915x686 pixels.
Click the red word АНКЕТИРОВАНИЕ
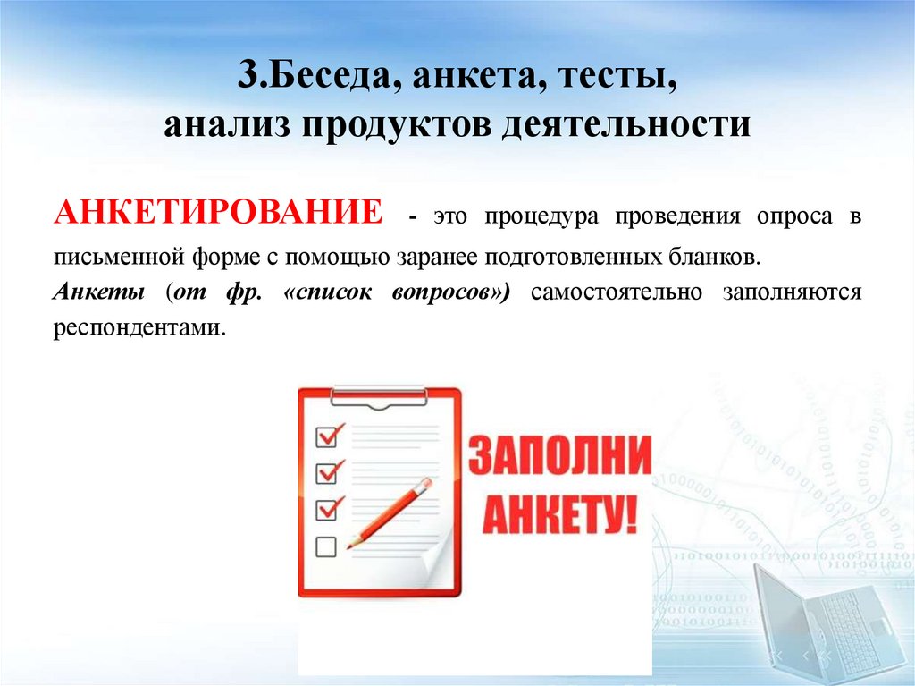(220, 216)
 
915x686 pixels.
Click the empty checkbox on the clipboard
(326, 546)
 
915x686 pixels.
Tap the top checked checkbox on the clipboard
(328, 435)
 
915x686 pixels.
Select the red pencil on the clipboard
(389, 512)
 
